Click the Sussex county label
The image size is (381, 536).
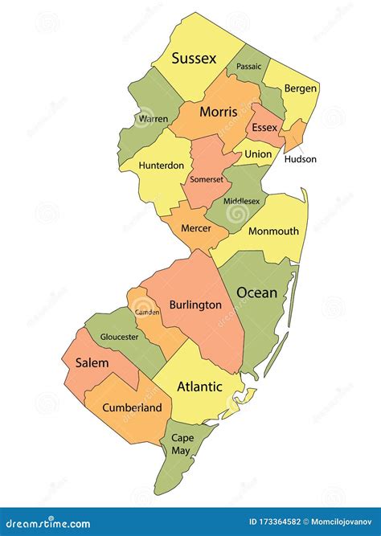[195, 59]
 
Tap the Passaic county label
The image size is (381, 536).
[248, 67]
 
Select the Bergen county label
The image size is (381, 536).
[301, 88]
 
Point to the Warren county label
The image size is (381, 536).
[153, 119]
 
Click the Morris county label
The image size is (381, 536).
[219, 112]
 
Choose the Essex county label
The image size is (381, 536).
[264, 128]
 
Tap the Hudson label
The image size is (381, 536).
[300, 159]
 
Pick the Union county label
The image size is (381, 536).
[258, 153]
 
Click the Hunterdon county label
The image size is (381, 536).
[162, 165]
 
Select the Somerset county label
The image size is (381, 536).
[207, 179]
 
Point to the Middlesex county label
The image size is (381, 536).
[242, 201]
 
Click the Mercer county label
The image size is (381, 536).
[196, 228]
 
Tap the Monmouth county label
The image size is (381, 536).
[273, 231]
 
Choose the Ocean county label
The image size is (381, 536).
[256, 293]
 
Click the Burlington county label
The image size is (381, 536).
[195, 305]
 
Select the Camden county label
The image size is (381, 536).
[147, 310]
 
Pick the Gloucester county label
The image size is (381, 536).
[118, 338]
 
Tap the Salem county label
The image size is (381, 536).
[92, 363]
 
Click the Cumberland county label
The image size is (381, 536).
[132, 407]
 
